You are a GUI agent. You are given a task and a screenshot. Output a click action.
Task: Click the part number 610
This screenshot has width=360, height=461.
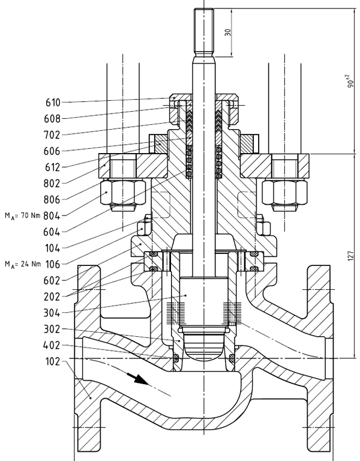[52, 103]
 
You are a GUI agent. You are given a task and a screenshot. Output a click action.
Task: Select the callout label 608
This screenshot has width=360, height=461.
[52, 118]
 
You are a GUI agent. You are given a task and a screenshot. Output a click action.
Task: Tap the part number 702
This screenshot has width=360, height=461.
[52, 134]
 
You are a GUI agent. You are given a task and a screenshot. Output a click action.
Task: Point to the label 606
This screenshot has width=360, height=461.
[52, 151]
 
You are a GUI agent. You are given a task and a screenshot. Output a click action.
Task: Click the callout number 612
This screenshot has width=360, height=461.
[52, 166]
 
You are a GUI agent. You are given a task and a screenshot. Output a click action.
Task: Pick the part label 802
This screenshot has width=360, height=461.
[52, 182]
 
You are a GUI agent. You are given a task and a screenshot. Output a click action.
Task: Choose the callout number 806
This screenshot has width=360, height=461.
[52, 198]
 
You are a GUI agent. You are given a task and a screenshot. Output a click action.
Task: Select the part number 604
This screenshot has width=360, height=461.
[52, 231]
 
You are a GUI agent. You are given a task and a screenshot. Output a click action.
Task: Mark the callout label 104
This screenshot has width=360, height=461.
[52, 247]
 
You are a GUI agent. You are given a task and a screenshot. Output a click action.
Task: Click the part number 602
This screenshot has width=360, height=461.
[52, 279]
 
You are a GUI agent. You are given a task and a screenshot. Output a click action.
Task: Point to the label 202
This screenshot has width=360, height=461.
[52, 295]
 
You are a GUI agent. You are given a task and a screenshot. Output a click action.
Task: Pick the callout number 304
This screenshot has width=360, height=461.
[52, 312]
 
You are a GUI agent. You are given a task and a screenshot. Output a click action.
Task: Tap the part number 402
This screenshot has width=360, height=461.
[52, 345]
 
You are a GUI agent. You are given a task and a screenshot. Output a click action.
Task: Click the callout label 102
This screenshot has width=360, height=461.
[52, 361]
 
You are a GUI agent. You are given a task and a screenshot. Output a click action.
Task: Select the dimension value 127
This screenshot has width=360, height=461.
[350, 256]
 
